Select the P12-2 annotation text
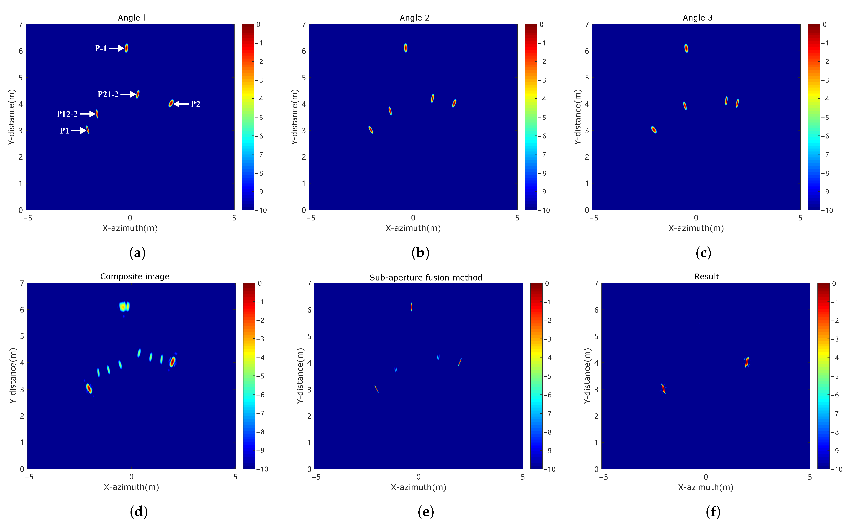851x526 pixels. [67, 114]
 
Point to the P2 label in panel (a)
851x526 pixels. [195, 104]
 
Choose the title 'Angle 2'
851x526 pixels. [414, 18]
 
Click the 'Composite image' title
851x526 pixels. [135, 277]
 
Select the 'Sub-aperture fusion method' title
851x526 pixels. [426, 278]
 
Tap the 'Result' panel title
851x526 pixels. [706, 277]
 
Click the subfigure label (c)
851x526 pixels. [703, 253]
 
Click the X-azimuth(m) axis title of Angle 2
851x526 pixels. [413, 228]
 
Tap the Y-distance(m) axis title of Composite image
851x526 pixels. [13, 376]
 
